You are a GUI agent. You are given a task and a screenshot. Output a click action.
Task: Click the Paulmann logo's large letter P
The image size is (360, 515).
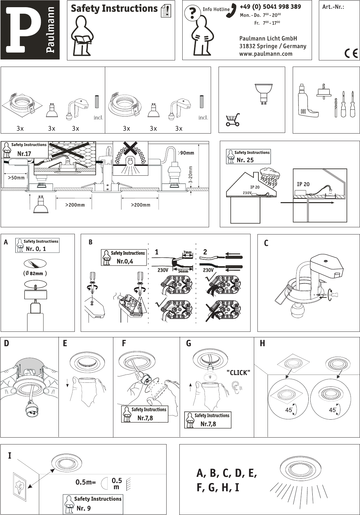[x=24, y=29]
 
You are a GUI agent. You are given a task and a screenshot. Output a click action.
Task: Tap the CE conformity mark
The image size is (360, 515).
[x=351, y=53]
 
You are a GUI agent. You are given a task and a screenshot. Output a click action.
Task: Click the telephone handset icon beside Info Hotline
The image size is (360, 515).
[x=231, y=10]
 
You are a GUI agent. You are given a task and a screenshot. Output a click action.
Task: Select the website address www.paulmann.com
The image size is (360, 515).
[x=266, y=54]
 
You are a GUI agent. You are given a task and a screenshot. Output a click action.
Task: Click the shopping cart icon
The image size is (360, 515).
[x=233, y=120]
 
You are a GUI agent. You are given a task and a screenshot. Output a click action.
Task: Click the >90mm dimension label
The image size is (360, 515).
[x=186, y=153]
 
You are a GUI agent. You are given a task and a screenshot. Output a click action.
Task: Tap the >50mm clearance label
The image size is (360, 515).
[x=16, y=178]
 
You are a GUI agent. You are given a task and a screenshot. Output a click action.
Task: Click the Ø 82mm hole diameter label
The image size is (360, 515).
[x=35, y=273]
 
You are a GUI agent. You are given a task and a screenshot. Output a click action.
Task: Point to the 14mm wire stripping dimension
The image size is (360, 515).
[x=183, y=271]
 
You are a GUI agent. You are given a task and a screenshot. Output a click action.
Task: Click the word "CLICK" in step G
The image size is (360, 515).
[x=238, y=373]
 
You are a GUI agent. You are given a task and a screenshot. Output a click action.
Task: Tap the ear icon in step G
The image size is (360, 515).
[x=236, y=387]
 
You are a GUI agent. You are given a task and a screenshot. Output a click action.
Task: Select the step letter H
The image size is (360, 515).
[x=262, y=344]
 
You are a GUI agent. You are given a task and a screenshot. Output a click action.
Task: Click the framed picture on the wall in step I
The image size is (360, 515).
[x=20, y=487]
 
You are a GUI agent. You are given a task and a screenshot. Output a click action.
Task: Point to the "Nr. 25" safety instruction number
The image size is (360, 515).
[x=245, y=160]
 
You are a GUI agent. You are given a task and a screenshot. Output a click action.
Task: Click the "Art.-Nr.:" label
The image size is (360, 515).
[x=333, y=7]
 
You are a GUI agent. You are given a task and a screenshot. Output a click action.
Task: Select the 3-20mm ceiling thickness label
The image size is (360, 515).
[x=190, y=175]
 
